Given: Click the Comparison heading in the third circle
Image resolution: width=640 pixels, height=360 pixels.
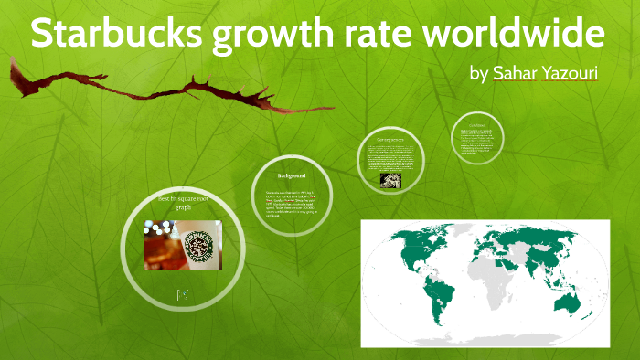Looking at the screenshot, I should click(390, 140).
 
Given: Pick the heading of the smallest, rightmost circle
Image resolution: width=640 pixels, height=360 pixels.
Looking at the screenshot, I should click(477, 124).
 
